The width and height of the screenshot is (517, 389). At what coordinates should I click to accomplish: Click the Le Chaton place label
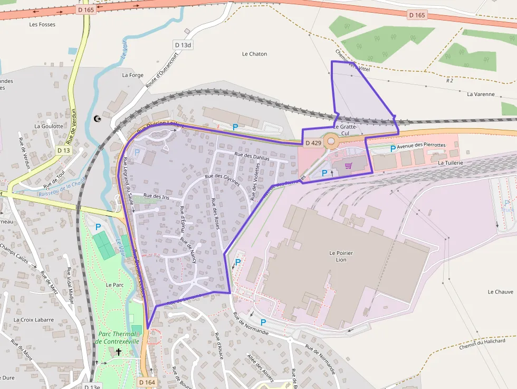[254, 54]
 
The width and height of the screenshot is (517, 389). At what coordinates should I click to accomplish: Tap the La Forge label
[132, 75]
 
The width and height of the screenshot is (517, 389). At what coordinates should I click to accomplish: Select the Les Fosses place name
[42, 24]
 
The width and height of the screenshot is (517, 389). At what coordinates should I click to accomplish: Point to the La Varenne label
[481, 94]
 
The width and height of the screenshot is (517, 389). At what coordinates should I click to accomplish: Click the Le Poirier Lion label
[341, 257]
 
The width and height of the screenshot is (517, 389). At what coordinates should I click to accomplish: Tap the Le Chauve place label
[500, 292]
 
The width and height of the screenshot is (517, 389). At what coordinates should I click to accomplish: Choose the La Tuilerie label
[451, 163]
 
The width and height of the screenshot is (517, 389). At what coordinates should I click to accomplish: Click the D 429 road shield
[313, 143]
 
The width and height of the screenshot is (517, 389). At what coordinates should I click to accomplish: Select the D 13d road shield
[183, 45]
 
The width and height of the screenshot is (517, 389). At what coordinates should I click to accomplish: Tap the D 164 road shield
[147, 381]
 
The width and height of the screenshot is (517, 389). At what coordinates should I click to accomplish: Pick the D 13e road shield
[92, 386]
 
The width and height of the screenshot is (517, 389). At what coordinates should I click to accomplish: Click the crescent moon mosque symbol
[97, 119]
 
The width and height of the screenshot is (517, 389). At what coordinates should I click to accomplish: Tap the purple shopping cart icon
[348, 166]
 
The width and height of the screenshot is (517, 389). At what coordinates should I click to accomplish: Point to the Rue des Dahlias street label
[252, 156]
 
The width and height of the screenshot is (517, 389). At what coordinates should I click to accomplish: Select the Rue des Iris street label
[156, 196]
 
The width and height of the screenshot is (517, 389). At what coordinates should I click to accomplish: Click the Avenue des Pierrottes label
[421, 145]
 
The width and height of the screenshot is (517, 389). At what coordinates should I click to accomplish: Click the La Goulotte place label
[49, 126]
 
